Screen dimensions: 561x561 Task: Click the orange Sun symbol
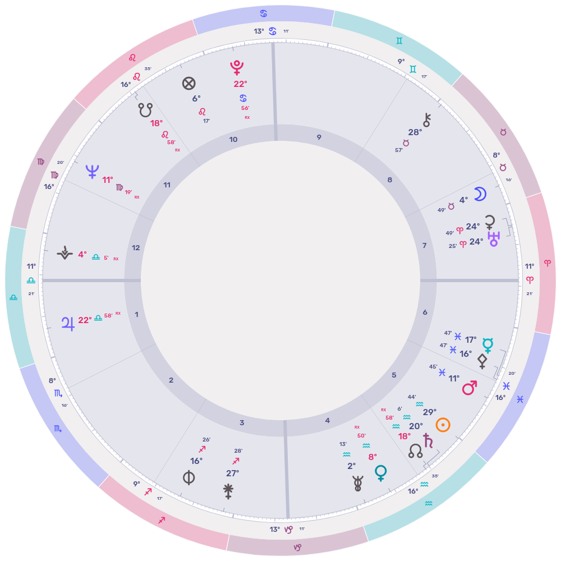pos(443,425)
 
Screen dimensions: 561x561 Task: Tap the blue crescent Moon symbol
pos(480,194)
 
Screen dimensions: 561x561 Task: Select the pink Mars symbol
pos(469,387)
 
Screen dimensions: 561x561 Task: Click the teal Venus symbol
pos(381,472)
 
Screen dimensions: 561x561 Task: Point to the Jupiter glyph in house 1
pos(68,323)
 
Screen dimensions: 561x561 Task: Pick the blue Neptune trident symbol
pos(92,171)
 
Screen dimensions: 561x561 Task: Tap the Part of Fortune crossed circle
pos(189,84)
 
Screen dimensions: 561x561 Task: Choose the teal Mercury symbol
pos(488,345)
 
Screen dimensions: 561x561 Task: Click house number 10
pos(233,139)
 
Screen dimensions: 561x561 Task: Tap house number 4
pos(328,421)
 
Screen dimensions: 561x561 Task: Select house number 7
pos(425,245)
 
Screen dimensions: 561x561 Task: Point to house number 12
pos(135,247)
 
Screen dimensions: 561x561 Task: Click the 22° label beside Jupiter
pos(85,320)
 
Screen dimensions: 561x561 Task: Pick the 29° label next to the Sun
pos(430,412)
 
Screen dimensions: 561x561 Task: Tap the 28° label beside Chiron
pos(415,132)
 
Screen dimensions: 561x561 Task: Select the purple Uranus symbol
pos(494,240)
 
